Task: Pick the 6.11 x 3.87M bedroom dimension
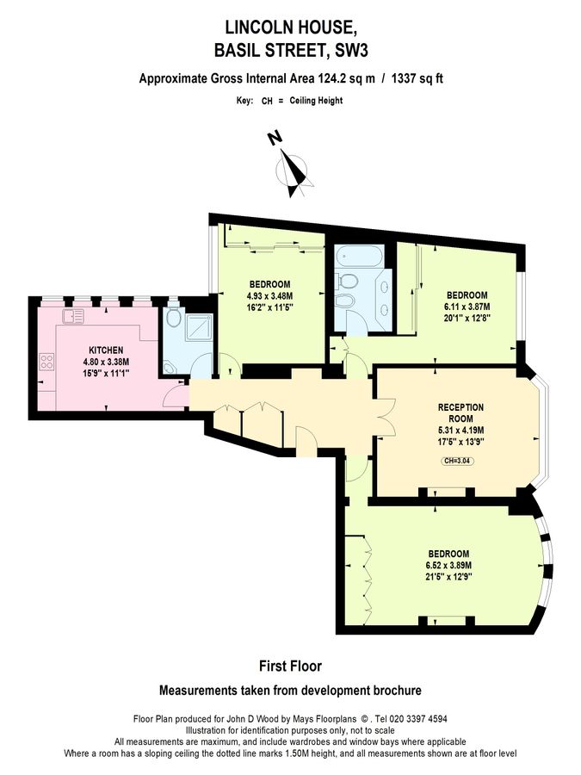(x=467, y=306)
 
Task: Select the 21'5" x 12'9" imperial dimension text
(x=448, y=576)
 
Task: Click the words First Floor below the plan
(x=290, y=666)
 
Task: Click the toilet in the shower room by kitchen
(x=173, y=319)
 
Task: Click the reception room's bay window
(x=542, y=430)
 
